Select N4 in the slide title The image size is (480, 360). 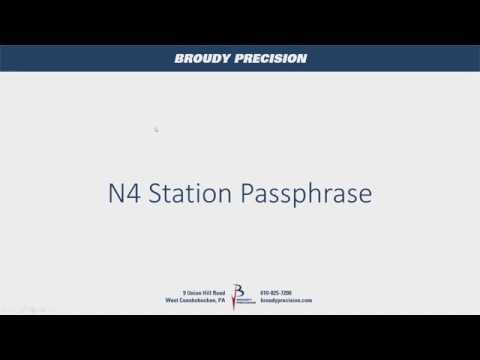123,193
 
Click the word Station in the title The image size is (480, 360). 189,193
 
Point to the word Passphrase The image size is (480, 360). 306,194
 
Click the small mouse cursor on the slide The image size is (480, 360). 156,129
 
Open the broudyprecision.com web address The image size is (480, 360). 286,300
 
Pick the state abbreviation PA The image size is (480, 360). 221,300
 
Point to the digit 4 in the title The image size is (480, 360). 132,193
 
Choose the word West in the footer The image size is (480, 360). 172,300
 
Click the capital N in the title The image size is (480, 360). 115,193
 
